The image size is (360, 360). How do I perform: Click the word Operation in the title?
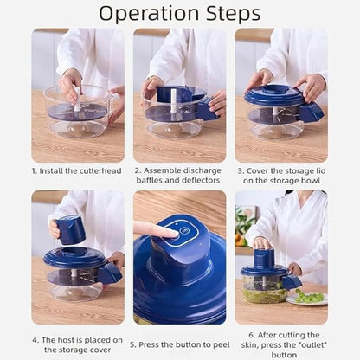coord(150,14)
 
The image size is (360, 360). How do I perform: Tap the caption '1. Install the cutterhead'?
coord(78,171)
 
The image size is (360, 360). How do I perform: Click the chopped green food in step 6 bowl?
coord(264,294)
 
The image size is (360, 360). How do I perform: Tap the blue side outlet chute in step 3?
coord(310,111)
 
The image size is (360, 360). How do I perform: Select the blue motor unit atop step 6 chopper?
coord(264,257)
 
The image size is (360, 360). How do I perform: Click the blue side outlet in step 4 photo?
coord(110,273)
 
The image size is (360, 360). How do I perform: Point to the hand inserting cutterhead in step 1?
coord(71,83)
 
